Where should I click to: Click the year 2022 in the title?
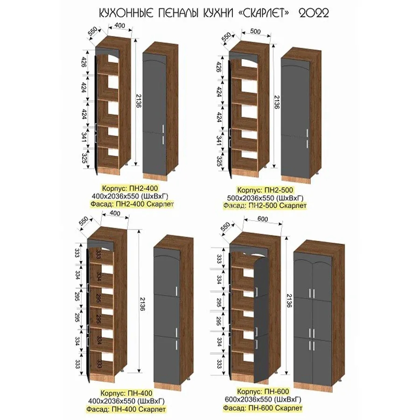(314, 13)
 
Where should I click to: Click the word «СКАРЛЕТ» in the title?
(263, 13)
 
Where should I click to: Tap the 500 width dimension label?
(255, 31)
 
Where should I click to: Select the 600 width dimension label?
(262, 219)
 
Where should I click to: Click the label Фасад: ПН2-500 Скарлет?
(265, 206)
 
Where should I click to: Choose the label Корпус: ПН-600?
(263, 392)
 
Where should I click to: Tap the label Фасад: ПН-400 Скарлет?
(126, 410)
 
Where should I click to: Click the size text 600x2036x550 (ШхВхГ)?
(263, 399)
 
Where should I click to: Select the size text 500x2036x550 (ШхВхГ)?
(265, 198)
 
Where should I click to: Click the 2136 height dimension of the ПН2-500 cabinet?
(277, 102)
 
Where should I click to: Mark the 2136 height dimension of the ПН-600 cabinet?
(289, 301)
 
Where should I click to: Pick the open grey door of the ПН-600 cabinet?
(261, 319)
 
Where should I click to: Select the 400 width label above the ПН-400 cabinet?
(115, 213)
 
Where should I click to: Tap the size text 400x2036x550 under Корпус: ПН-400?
(126, 401)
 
